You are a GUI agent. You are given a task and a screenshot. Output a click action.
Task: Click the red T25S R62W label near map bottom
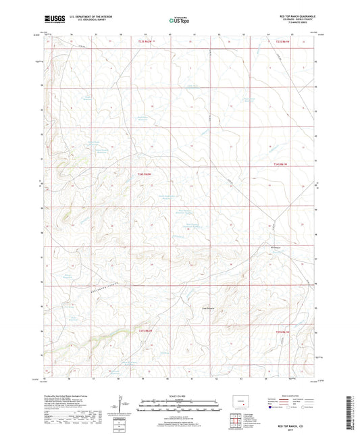click(147, 331)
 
